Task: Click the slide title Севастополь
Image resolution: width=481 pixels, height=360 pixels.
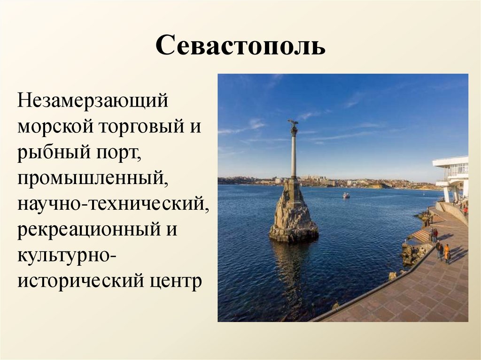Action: [x=240, y=46]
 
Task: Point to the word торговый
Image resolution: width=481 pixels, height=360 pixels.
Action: [x=136, y=128]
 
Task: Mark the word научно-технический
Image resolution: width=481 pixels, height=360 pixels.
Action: [x=113, y=205]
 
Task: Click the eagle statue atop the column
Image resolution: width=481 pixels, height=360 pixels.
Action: [x=294, y=125]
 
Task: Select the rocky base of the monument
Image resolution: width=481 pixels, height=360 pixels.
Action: [x=294, y=216]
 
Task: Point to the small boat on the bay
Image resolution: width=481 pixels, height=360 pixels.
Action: [x=346, y=195]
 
